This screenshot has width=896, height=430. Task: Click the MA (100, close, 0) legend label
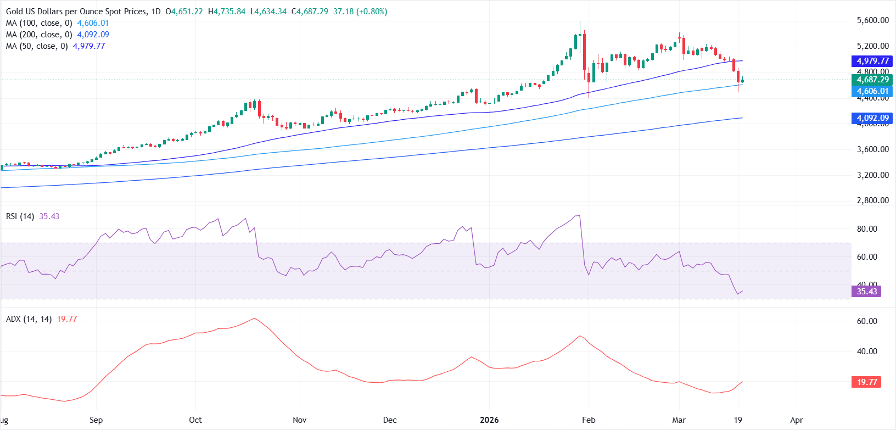point(39,23)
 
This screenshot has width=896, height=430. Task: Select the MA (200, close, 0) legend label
point(39,35)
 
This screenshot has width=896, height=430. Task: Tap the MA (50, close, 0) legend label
point(37,46)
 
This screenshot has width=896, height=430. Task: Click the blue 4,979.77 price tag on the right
point(872,61)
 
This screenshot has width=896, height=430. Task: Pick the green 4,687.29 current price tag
point(872,80)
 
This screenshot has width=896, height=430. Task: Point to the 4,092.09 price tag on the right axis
point(872,118)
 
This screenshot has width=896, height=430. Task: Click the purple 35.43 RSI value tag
point(866,292)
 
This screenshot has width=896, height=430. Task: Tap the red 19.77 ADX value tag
point(866,382)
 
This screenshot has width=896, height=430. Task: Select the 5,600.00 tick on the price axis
point(872,20)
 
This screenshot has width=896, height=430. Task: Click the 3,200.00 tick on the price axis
point(872,175)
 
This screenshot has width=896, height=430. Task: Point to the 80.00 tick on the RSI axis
point(867,229)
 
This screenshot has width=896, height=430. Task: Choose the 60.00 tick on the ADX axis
point(867,321)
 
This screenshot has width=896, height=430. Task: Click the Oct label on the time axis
point(195,420)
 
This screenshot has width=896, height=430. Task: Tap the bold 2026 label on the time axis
point(489,420)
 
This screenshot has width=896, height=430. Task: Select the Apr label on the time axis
point(796,420)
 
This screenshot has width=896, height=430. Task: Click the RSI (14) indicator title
point(20,216)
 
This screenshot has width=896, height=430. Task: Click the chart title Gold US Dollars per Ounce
point(76,12)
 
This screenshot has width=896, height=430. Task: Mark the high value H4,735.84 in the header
point(227,12)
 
